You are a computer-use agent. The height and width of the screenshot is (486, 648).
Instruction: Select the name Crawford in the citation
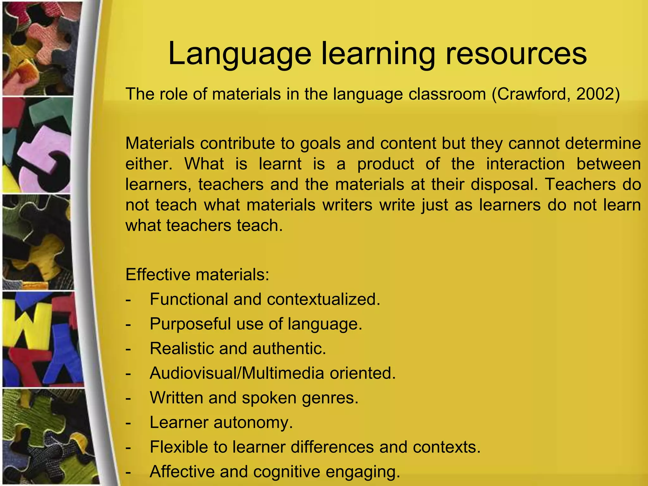pos(535,94)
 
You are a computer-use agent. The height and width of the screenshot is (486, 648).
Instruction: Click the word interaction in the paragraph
pos(525,164)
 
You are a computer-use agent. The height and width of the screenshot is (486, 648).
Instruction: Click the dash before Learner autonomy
pos(128,423)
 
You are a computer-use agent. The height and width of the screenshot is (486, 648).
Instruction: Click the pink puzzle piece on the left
pos(44,152)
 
